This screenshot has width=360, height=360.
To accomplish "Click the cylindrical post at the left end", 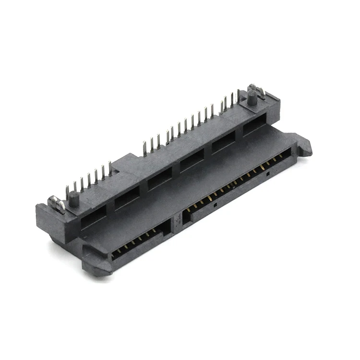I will pyautogui.click(x=73, y=199).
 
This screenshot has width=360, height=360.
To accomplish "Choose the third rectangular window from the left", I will pyautogui.click(x=159, y=178).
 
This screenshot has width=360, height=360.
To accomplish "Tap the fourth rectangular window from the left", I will pyautogui.click(x=192, y=159).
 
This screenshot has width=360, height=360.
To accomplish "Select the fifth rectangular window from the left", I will pyautogui.click(x=223, y=142).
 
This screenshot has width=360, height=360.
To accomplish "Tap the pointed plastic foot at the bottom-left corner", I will pyautogui.click(x=96, y=264).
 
